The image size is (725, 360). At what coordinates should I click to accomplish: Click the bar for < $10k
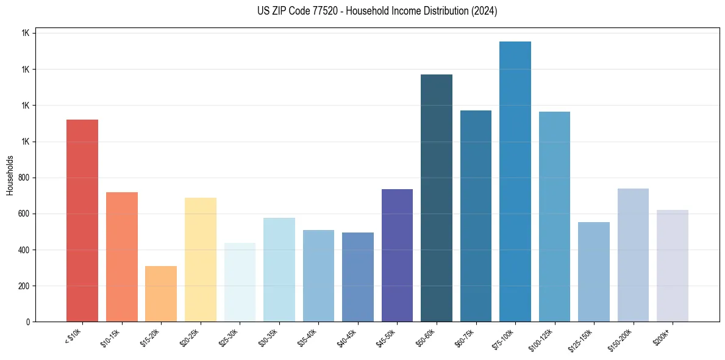pos(82,220)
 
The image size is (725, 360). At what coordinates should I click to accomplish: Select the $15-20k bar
pos(161,293)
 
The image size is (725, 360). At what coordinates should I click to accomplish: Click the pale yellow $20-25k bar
pos(200,259)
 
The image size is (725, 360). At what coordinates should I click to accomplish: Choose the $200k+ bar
pos(672,265)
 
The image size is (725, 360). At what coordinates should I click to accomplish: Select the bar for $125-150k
pos(593,272)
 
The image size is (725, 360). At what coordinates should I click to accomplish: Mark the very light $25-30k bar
pos(240,282)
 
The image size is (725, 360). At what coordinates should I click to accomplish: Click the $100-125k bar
pos(554,217)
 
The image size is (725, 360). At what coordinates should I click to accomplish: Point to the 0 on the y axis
pos(28,322)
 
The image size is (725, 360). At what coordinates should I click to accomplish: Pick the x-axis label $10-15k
pos(110,336)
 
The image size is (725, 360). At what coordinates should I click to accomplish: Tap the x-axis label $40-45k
pos(346,336)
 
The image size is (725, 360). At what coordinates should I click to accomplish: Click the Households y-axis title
pos(10,175)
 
